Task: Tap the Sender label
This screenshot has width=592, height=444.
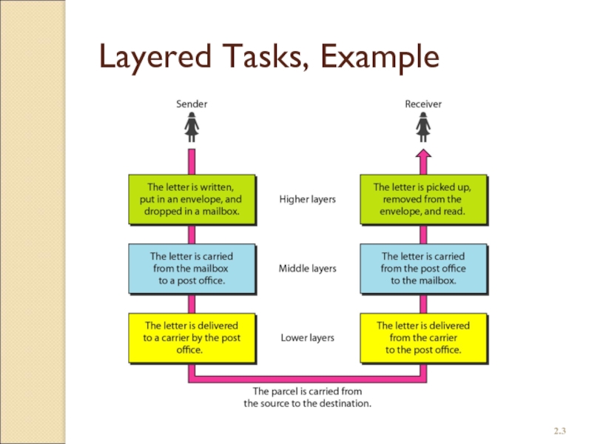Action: [x=192, y=104]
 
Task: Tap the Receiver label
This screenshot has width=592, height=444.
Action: [x=423, y=104]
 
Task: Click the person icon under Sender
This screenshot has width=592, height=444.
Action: [x=192, y=130]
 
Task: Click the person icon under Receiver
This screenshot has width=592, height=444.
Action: [x=423, y=130]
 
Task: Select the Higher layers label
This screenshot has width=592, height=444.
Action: [x=307, y=200]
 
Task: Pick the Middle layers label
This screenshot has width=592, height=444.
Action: [x=307, y=269]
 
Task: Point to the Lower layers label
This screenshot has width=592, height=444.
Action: [x=307, y=338]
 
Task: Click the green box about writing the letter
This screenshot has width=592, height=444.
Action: [x=192, y=199]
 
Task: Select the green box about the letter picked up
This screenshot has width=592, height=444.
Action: [x=423, y=199]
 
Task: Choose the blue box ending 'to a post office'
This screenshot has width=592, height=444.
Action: [x=192, y=269]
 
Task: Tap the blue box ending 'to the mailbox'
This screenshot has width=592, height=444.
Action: [x=423, y=269]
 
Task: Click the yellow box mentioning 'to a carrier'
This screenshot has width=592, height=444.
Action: [x=192, y=337]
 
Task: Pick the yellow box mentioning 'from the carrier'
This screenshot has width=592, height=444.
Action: [x=423, y=337]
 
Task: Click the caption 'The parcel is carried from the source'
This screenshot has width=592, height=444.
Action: [x=307, y=397]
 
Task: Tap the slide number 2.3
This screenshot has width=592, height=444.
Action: [x=559, y=430]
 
